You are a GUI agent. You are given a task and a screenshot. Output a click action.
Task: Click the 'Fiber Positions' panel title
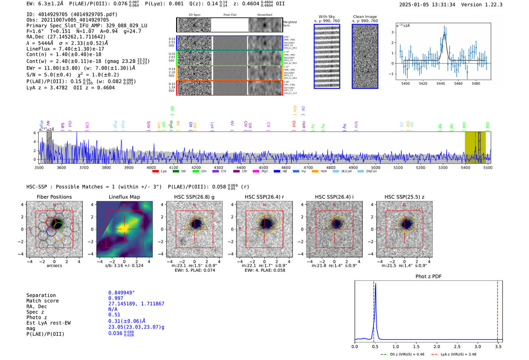click(54, 197)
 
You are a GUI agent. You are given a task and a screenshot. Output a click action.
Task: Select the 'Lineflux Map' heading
click(124, 197)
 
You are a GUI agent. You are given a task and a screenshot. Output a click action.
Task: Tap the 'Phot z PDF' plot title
click(428, 277)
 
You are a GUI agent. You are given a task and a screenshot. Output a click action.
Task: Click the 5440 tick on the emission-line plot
click(441, 83)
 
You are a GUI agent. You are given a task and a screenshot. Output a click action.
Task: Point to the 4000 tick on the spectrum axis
click(151, 168)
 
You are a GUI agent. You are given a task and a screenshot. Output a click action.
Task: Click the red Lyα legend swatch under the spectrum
click(155, 172)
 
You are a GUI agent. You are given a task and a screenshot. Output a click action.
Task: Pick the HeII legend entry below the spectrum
click(319, 172)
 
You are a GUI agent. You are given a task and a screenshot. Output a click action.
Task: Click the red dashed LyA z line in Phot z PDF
click(498, 310)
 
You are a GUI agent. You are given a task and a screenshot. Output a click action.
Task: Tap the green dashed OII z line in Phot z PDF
click(373, 310)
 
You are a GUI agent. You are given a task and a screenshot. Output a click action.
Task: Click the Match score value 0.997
click(116, 298)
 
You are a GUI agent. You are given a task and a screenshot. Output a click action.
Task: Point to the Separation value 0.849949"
click(121, 293)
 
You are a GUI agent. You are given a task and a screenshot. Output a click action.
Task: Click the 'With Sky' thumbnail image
click(326, 56)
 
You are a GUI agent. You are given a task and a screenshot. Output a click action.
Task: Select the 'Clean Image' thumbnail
click(365, 56)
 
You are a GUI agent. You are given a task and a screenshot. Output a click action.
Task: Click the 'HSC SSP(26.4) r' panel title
click(264, 197)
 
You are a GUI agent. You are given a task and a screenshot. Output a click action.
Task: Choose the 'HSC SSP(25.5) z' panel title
click(404, 197)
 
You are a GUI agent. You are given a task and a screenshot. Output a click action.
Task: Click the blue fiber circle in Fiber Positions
click(51, 232)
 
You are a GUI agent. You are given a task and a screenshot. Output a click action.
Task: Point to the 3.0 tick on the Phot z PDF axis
click(478, 346)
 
